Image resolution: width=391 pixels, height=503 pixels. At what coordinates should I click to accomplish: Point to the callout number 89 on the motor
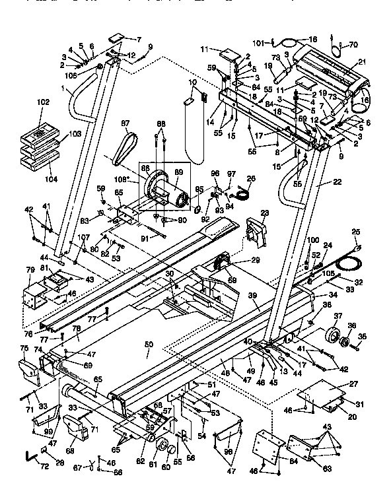coord(178,173)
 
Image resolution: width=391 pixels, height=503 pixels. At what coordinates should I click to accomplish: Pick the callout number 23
coord(265,213)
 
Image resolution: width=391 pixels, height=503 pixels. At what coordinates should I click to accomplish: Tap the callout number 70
coord(354,46)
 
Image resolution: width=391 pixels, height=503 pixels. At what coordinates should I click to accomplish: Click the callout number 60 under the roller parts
coord(166,467)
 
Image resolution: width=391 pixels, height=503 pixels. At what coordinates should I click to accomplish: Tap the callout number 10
coord(193,82)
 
